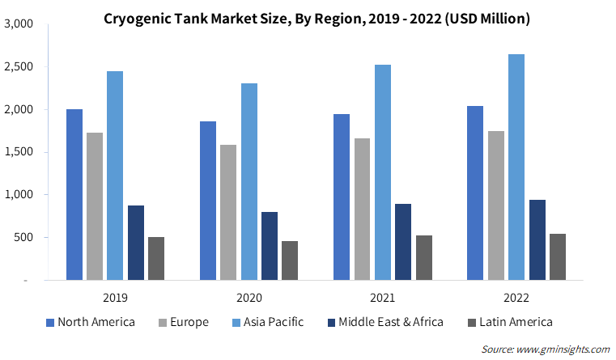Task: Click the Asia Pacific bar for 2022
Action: coord(516,167)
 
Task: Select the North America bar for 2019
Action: coord(74,195)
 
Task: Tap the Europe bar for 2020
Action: coord(228,213)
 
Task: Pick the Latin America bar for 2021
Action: coord(424,258)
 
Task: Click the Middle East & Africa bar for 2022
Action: coord(537,240)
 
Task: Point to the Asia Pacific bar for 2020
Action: coord(249,182)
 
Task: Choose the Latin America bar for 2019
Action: coord(156,259)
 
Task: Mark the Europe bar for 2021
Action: coord(362,210)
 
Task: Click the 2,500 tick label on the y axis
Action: coord(19,66)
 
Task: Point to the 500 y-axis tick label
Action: coord(23,238)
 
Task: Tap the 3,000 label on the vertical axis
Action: coord(19,24)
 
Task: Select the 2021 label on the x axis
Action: coord(383,298)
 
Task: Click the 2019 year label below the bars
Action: coord(115,298)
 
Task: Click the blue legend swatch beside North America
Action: coord(50,323)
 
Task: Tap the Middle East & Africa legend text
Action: coord(391,322)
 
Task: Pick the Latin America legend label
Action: coord(516,322)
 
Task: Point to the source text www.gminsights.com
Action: coord(563,349)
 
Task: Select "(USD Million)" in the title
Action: coord(487,19)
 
